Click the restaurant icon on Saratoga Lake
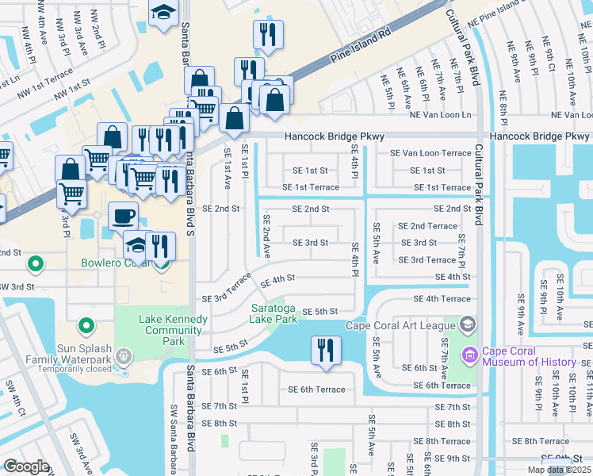(325, 350)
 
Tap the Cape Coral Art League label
(402, 325)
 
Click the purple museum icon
(470, 353)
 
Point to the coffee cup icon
(123, 215)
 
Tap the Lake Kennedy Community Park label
(173, 325)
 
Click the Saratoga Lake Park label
(274, 313)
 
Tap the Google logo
(26, 466)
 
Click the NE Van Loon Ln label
(440, 115)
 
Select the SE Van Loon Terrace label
(430, 153)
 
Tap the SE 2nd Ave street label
(267, 236)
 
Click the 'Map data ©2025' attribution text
(558, 470)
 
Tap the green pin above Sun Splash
(86, 325)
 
